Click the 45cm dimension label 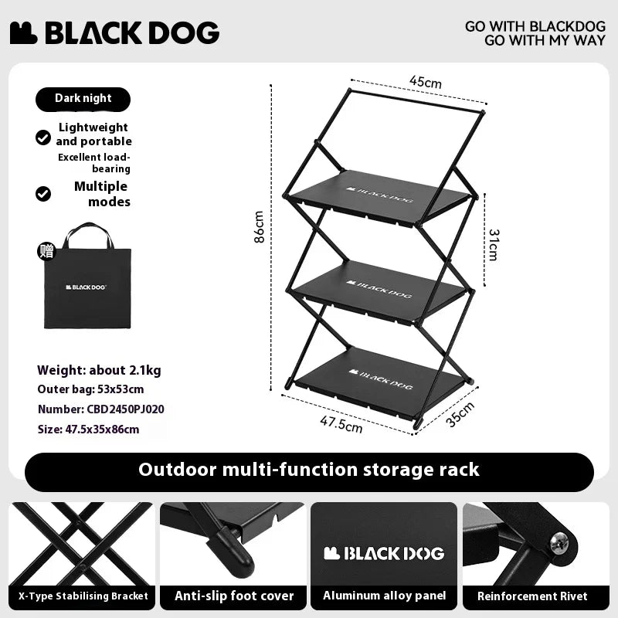point(426,82)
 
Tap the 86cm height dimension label point(260,227)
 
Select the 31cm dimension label point(493,243)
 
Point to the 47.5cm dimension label point(341,423)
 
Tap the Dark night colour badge point(83,99)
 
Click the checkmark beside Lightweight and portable point(43,138)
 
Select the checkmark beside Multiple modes point(43,193)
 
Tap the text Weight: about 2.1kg point(99,370)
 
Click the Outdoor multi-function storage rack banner point(309,470)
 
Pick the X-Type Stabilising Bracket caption point(78,596)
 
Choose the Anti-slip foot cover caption point(234,596)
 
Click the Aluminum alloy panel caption point(384,596)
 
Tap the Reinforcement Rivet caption point(532,596)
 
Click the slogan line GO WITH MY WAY point(545,41)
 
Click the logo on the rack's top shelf point(379,188)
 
